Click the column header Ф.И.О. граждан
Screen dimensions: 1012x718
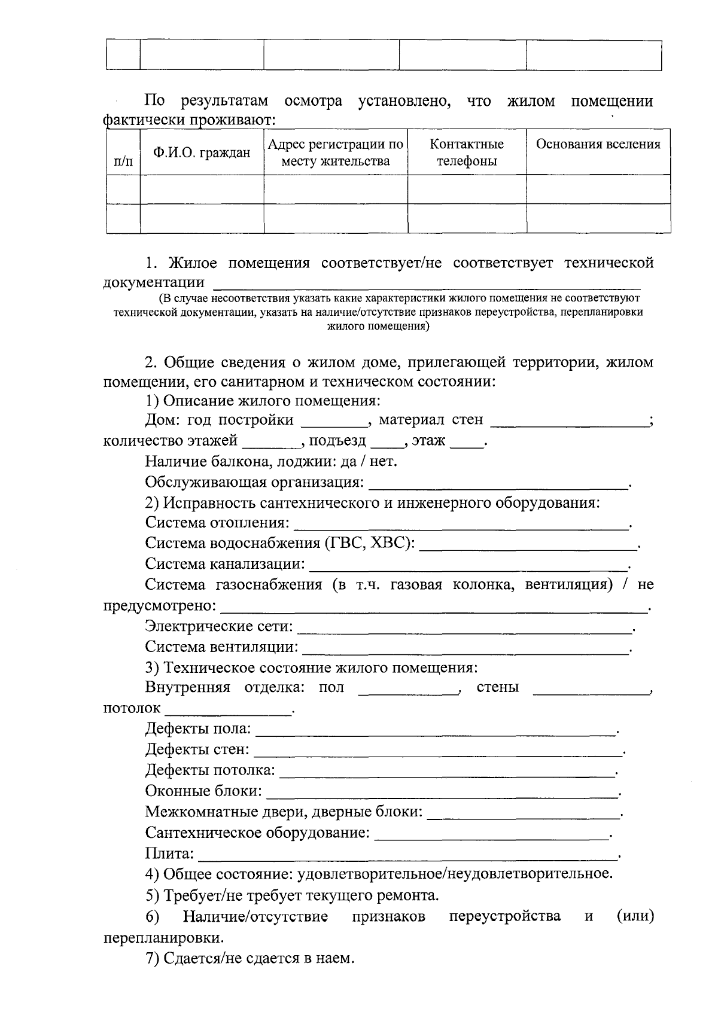(202, 153)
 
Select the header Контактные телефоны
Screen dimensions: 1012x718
(467, 153)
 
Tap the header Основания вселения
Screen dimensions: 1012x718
(598, 144)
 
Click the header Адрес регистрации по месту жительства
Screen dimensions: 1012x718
(335, 153)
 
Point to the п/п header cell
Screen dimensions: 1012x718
(123, 161)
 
